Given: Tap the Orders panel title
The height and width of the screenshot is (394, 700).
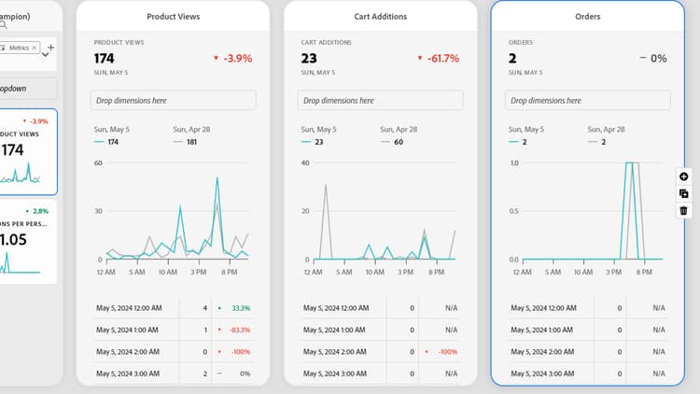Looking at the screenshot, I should pyautogui.click(x=587, y=17).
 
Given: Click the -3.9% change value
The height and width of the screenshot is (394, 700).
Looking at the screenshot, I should pyautogui.click(x=237, y=58).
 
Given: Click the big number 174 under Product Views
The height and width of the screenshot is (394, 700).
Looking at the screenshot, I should pyautogui.click(x=105, y=58).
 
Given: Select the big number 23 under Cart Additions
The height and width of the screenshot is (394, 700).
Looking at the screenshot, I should pyautogui.click(x=309, y=58).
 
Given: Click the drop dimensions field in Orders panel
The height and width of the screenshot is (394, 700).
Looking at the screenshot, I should pyautogui.click(x=587, y=100).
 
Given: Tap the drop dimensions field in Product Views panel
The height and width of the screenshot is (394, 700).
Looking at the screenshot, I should pyautogui.click(x=173, y=100).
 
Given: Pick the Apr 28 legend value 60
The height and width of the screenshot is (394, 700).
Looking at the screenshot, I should pyautogui.click(x=398, y=142).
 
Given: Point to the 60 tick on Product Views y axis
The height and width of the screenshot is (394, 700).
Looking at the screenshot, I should pyautogui.click(x=97, y=162).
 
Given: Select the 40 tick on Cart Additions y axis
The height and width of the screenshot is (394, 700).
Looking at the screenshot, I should pyautogui.click(x=304, y=162).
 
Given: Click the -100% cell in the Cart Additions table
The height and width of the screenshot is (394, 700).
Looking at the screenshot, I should pyautogui.click(x=446, y=351).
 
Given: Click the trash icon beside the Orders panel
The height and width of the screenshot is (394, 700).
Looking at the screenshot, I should pyautogui.click(x=684, y=211).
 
